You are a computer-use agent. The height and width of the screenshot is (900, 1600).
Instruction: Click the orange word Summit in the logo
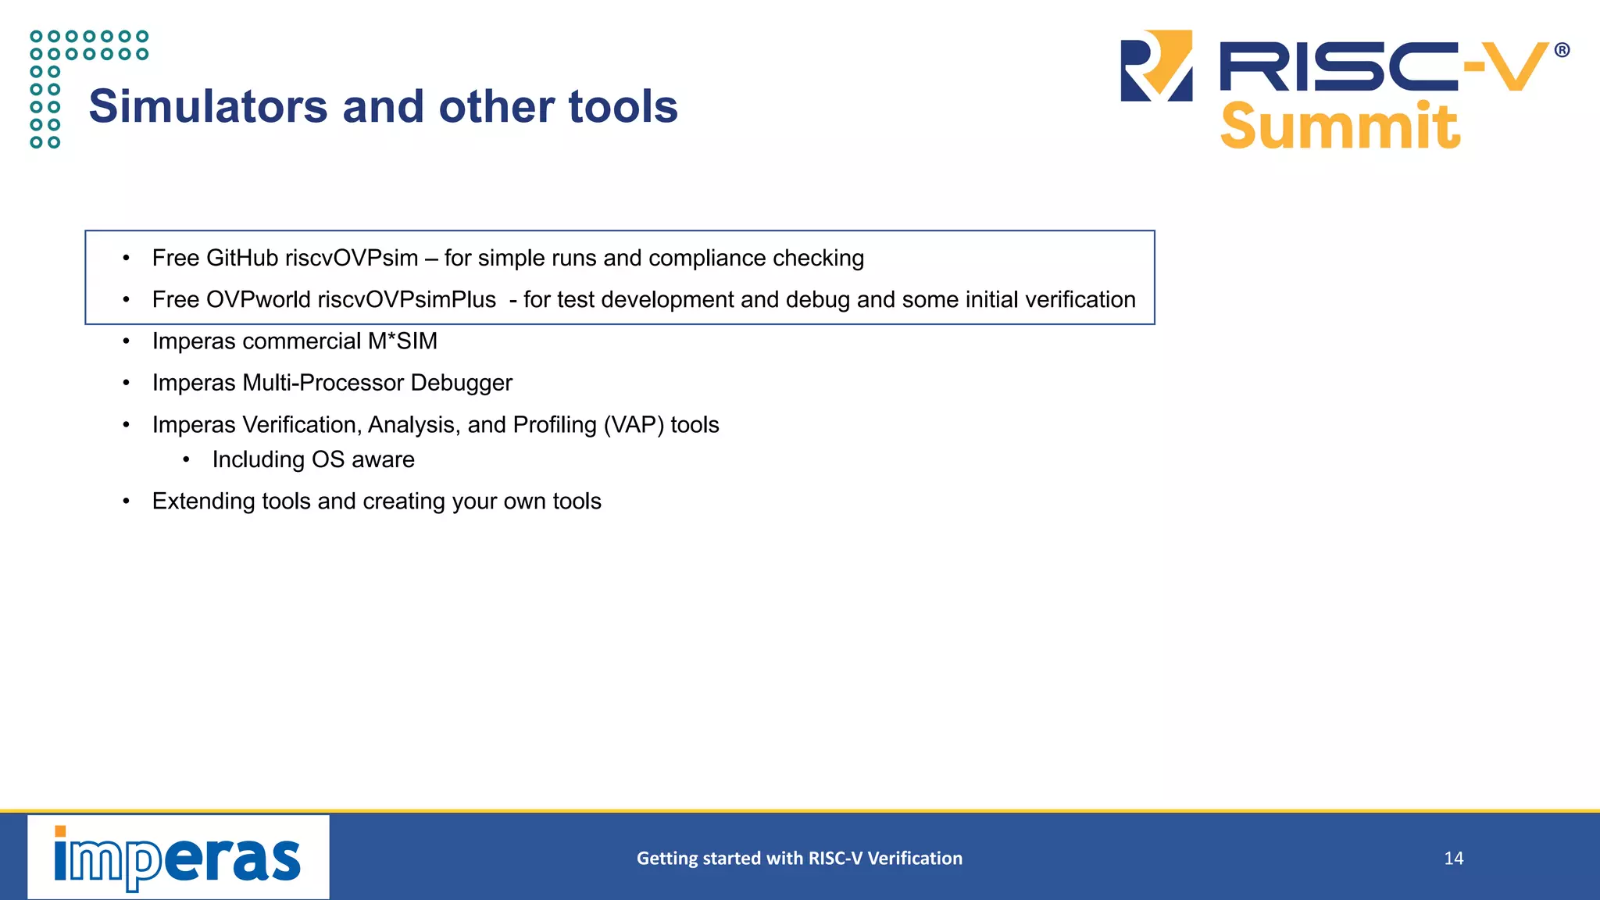pyautogui.click(x=1339, y=127)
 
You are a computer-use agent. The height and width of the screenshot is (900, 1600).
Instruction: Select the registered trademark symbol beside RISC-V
pyautogui.click(x=1562, y=51)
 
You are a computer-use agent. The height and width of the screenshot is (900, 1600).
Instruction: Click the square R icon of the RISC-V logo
pyautogui.click(x=1157, y=66)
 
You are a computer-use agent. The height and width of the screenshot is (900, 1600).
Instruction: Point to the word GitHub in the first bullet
pyautogui.click(x=242, y=258)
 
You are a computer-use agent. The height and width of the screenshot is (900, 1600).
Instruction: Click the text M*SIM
pyautogui.click(x=402, y=341)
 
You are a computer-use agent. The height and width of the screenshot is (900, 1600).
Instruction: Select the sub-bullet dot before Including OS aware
pyautogui.click(x=186, y=460)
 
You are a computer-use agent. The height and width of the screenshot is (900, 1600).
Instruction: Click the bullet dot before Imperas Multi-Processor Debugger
pyautogui.click(x=126, y=384)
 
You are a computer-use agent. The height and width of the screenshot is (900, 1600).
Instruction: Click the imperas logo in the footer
pyautogui.click(x=178, y=857)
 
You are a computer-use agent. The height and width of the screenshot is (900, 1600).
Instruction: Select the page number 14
pyautogui.click(x=1453, y=859)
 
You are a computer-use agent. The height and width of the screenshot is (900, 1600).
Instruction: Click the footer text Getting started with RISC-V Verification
pyautogui.click(x=799, y=859)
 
